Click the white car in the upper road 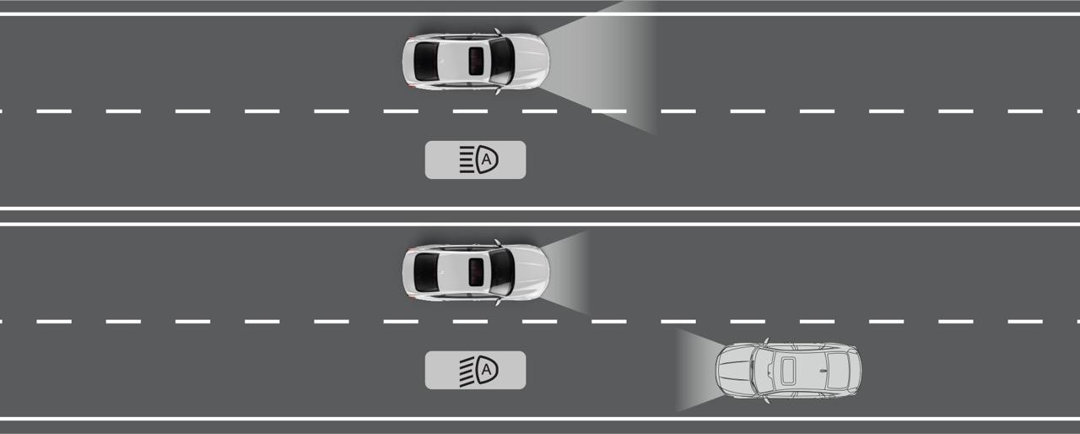(475, 61)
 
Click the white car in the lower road (475, 270)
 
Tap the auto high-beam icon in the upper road (475, 160)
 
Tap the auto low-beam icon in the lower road (475, 370)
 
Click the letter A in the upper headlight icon (486, 160)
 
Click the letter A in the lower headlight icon (486, 370)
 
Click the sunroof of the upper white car (476, 61)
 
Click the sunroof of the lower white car (476, 270)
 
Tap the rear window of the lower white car (425, 270)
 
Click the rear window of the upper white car (425, 61)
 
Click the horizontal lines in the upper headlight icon (467, 160)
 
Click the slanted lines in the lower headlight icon (467, 370)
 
